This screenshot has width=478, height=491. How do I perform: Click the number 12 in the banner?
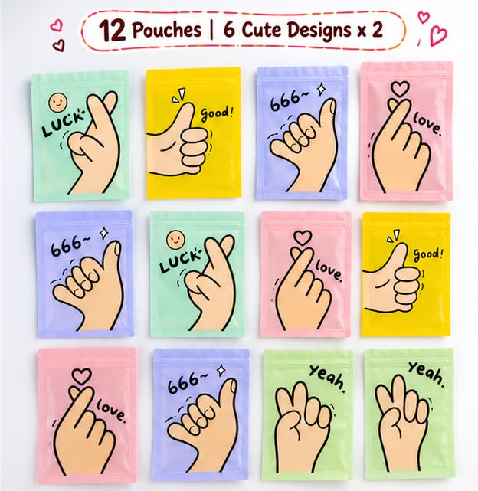pyautogui.click(x=113, y=31)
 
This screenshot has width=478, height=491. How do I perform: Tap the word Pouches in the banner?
pyautogui.click(x=167, y=30)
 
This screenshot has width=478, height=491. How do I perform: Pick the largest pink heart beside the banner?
pyautogui.click(x=438, y=35)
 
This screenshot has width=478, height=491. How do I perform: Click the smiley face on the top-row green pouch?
pyautogui.click(x=58, y=102)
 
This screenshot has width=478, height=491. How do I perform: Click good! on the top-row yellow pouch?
pyautogui.click(x=217, y=114)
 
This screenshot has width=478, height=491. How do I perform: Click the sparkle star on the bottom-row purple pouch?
pyautogui.click(x=222, y=370)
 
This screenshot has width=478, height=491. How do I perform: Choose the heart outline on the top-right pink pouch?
pyautogui.click(x=400, y=89)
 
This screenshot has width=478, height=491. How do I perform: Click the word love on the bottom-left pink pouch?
pyautogui.click(x=111, y=410)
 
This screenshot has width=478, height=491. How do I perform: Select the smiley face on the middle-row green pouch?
pyautogui.click(x=175, y=240)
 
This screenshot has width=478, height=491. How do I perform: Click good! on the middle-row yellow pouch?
pyautogui.click(x=428, y=254)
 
